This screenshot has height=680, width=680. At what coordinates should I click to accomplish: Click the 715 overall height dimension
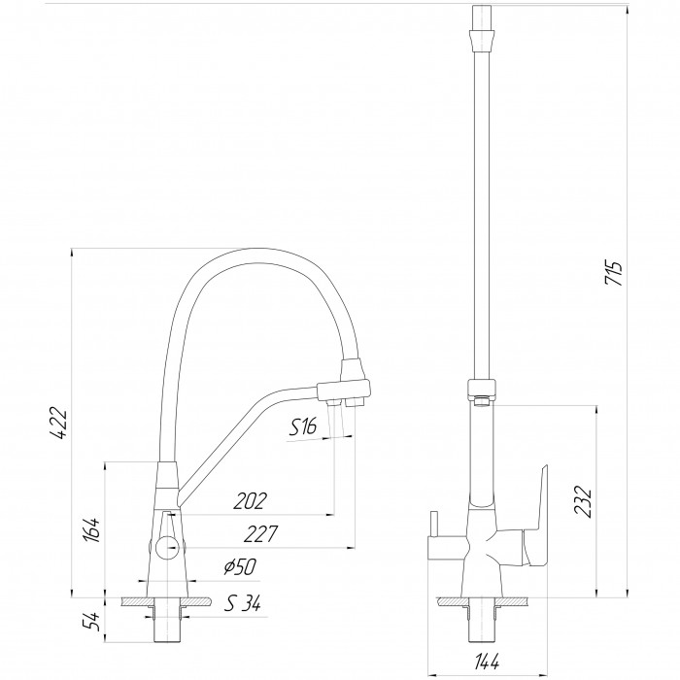pos(614,273)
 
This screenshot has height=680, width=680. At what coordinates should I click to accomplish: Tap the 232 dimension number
pos(583,502)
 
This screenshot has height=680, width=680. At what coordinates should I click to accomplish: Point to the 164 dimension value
pos(92,529)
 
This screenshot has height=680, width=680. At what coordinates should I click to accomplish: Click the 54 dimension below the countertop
pos(91,623)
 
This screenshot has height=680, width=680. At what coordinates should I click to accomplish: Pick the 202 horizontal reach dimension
pos(250,501)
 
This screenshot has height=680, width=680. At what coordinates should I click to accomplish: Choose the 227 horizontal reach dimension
pos(260,534)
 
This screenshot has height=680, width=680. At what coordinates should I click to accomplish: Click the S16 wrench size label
pos(303,427)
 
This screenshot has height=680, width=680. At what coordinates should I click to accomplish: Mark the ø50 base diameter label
pos(240,566)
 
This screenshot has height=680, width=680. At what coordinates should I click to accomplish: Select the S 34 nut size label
pos(243,603)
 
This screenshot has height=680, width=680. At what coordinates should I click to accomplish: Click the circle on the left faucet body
pos(167,547)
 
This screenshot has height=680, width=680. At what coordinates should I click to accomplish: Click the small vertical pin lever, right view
pos(433,525)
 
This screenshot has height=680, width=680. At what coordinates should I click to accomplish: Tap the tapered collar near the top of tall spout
pos(483,39)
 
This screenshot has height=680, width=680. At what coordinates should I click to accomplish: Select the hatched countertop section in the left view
pos(167,601)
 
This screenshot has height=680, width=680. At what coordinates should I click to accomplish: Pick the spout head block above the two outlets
pos(344,390)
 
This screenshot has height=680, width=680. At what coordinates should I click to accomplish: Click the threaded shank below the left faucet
pos(167,625)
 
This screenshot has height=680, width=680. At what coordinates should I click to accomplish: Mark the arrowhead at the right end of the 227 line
pos(352,548)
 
